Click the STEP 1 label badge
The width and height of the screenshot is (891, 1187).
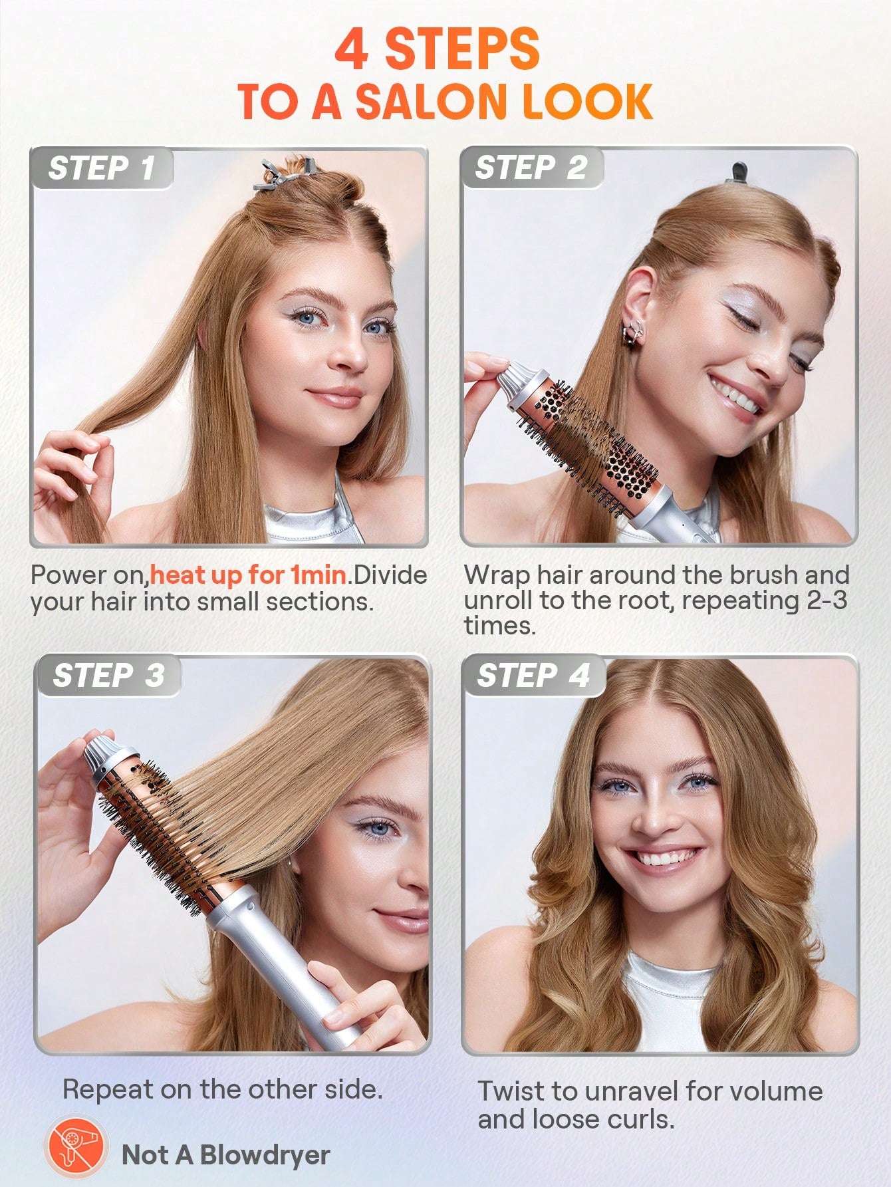[102, 168]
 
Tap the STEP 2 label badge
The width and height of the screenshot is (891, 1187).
[531, 168]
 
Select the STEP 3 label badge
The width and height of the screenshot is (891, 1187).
[108, 676]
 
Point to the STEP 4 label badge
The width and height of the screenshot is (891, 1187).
[533, 676]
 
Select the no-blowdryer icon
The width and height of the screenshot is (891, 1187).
[74, 1154]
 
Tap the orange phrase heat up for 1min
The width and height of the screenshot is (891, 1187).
[249, 575]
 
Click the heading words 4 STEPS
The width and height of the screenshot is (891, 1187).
[437, 50]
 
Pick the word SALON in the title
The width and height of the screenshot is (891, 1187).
[432, 102]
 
